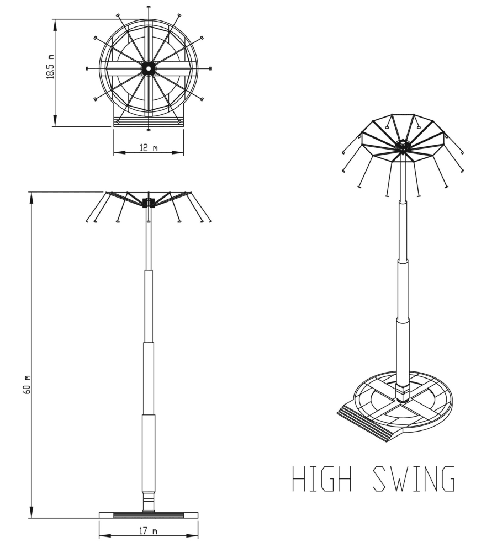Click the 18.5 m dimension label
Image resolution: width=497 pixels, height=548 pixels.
coord(51,67)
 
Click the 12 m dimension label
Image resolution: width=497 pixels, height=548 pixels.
coord(149,148)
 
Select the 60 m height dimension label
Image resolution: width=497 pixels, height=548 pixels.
coord(27,385)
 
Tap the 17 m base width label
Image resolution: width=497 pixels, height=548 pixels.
coord(149,531)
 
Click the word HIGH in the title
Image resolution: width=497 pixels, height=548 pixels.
coord(321,478)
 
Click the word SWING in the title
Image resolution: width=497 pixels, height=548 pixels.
coord(414,478)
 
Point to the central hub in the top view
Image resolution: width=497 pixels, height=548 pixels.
coord(149,68)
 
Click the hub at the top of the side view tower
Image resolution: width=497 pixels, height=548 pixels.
coord(149,203)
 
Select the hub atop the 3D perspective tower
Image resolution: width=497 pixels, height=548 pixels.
coord(403,146)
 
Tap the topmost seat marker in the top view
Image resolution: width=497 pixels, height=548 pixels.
coord(149,7)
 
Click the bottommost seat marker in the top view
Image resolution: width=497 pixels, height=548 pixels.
coord(149,130)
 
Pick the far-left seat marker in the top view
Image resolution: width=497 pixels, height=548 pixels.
coord(87,68)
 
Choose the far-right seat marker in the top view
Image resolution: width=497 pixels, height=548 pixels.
coord(210,68)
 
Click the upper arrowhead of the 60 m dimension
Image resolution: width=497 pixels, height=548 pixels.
coord(31,198)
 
